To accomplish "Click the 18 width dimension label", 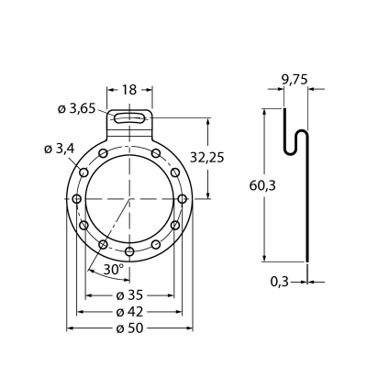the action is pyautogui.click(x=129, y=90).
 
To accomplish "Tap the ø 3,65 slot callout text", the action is pyautogui.click(x=77, y=108).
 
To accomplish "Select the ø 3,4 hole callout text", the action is pyautogui.click(x=60, y=149).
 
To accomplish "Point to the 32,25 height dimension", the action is pyautogui.click(x=207, y=158).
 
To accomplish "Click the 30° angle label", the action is pyautogui.click(x=113, y=269).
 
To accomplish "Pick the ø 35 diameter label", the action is pyautogui.click(x=129, y=295).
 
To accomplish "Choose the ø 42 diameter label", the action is pyautogui.click(x=129, y=312).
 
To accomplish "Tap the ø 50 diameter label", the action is pyautogui.click(x=129, y=328).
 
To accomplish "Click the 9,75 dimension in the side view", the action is pyautogui.click(x=295, y=80).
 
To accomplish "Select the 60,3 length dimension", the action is pyautogui.click(x=262, y=185).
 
